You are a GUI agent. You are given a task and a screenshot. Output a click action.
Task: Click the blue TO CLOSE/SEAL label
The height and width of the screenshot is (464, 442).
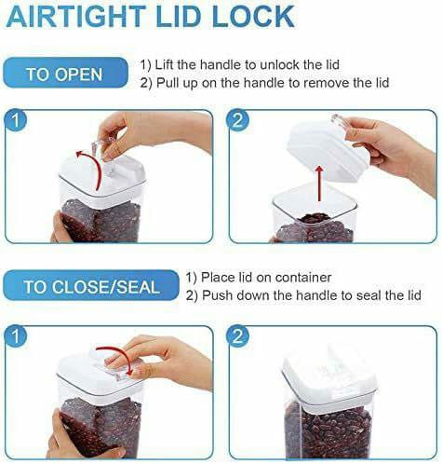point(90,285)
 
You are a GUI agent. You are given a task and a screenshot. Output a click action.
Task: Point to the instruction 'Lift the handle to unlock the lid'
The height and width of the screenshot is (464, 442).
point(240,64)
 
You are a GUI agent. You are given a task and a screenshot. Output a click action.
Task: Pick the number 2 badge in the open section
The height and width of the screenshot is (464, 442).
point(237,121)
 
